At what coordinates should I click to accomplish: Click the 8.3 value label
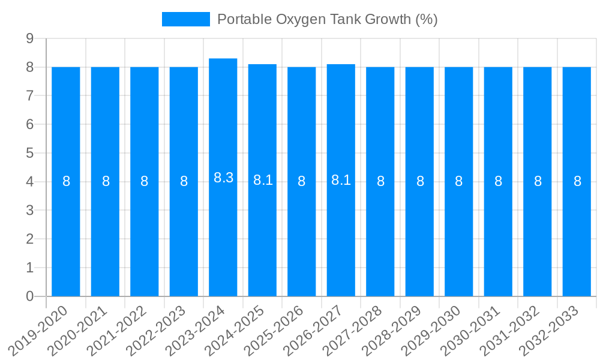coord(223,178)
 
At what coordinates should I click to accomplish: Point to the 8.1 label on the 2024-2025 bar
coord(263,180)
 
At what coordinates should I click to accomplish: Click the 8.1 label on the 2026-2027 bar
coord(341,180)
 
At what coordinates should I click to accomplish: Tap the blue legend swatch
coord(186,19)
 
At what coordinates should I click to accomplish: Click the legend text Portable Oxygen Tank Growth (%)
coord(327,19)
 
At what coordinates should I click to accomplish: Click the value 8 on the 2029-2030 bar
coord(459,181)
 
